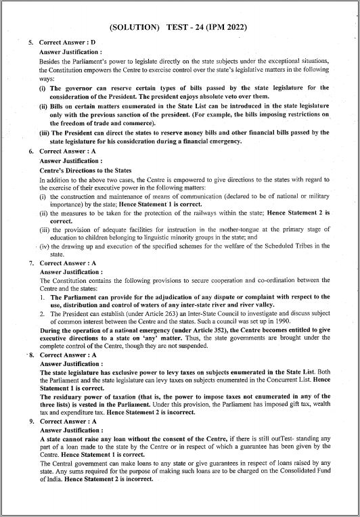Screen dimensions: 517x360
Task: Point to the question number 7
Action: point(30,263)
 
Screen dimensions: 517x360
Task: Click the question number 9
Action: point(30,421)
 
